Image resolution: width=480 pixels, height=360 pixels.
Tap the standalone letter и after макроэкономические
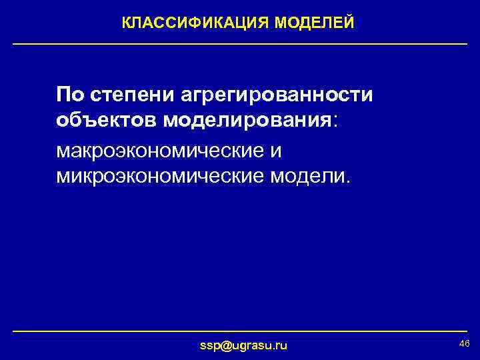pyautogui.click(x=275, y=151)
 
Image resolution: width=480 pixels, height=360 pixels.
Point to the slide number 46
pyautogui.click(x=465, y=343)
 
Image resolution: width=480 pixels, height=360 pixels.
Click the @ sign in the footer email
pyautogui.click(x=224, y=345)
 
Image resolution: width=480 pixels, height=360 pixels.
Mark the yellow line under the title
pyautogui.click(x=240, y=44)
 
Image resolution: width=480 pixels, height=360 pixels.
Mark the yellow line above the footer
pyautogui.click(x=240, y=331)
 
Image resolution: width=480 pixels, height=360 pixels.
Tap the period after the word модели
pyautogui.click(x=345, y=183)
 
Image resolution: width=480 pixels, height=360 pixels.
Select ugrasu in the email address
pyautogui.click(x=252, y=346)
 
